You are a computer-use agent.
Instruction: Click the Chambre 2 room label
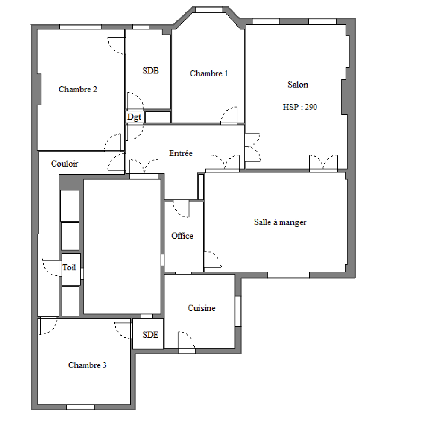pos(78,89)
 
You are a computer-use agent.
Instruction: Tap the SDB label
pos(151,71)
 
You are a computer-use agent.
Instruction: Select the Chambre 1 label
pos(209,73)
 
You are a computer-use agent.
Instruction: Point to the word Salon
pos(298,85)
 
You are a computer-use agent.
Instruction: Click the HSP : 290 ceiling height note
pos(300,107)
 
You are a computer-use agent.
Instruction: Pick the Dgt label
pos(134,117)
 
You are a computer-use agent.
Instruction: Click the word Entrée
pos(181,153)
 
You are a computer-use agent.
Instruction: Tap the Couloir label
pos(64,164)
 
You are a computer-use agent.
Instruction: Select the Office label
pos(182,236)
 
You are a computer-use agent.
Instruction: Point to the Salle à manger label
pos(280,222)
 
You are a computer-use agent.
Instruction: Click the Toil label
pos(69,267)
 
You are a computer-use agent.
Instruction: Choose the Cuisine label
pos(202,308)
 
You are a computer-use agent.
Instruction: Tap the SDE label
pos(150,335)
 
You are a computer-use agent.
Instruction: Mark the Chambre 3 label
pos(88,365)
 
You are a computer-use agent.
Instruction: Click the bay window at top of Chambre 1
pos(209,10)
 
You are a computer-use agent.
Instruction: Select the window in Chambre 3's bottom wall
pos(81,407)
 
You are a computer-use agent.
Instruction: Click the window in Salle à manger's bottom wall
pos(288,275)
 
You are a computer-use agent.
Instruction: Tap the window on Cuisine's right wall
pos(238,311)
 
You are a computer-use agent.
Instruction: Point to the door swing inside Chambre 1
pos(229,115)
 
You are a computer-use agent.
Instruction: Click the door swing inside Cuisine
pos(186,340)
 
